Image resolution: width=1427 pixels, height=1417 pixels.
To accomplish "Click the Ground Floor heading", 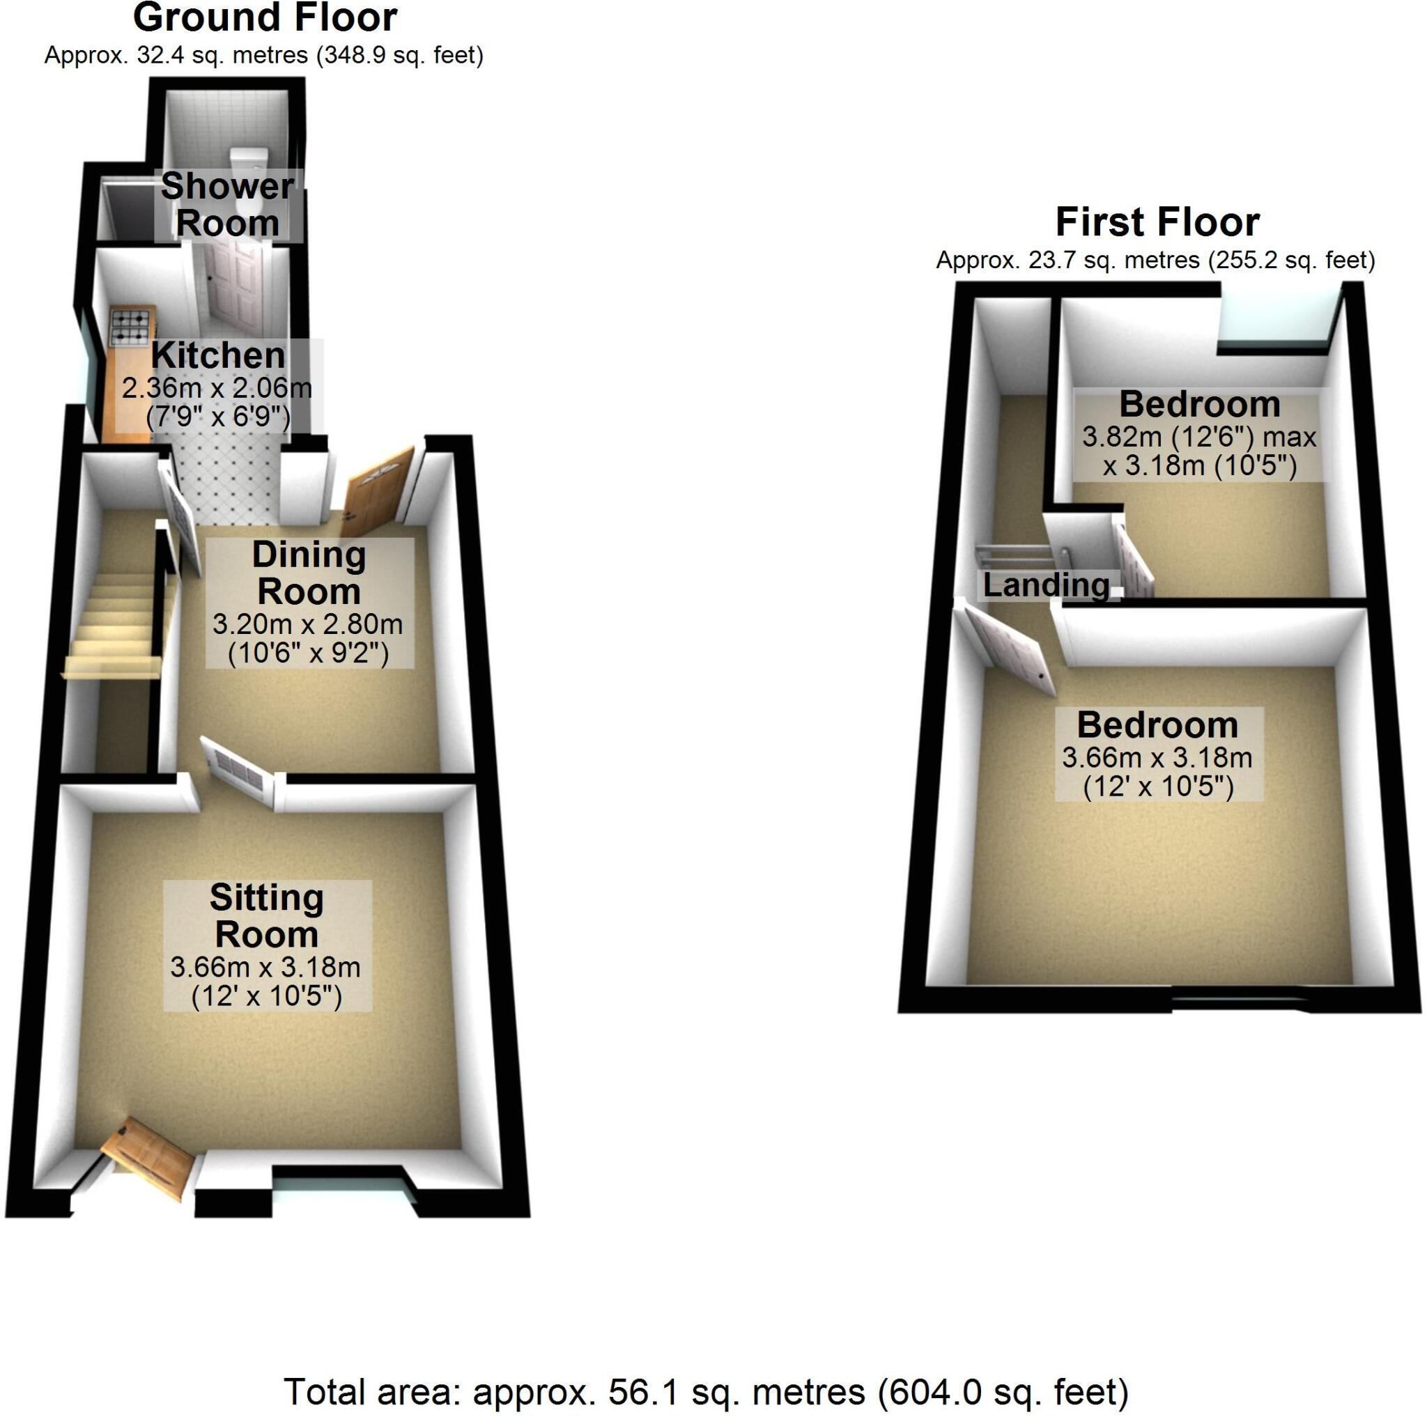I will click(264, 17).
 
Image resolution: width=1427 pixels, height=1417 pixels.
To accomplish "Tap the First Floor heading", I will click(1157, 222).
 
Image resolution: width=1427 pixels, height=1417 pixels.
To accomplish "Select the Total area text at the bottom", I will click(706, 1391).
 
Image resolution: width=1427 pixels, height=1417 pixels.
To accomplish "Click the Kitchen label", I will click(218, 356).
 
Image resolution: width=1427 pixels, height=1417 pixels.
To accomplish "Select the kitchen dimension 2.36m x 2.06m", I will click(217, 387).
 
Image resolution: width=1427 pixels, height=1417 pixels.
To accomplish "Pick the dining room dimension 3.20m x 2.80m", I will click(307, 625).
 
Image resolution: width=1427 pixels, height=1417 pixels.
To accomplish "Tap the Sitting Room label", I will click(267, 915).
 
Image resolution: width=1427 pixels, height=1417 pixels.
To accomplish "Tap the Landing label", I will click(1046, 584).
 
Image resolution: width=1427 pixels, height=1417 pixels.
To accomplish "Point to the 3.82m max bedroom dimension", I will click(1198, 437).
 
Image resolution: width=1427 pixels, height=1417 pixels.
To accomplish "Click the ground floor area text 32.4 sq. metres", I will click(263, 55).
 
